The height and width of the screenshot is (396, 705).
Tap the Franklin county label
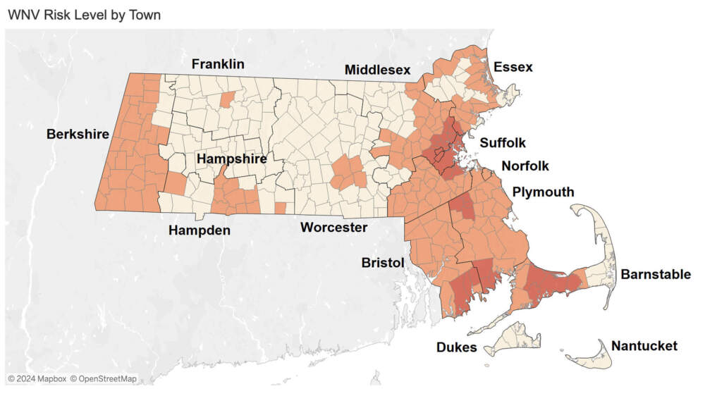pyautogui.click(x=219, y=64)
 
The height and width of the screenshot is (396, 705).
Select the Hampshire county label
pyautogui.click(x=232, y=159)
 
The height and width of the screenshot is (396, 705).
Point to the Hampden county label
pyautogui.click(x=200, y=230)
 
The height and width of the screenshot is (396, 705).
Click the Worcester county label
pyautogui.click(x=333, y=227)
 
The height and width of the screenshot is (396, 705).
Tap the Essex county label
pyautogui.click(x=513, y=68)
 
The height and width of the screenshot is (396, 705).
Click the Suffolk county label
pyautogui.click(x=503, y=143)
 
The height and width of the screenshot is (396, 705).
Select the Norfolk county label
pyautogui.click(x=525, y=166)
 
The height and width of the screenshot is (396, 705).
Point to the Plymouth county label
pyautogui.click(x=543, y=192)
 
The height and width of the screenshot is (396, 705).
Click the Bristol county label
pyautogui.click(x=383, y=262)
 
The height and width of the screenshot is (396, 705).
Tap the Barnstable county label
pyautogui.click(x=656, y=274)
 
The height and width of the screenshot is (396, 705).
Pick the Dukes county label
pyautogui.click(x=457, y=347)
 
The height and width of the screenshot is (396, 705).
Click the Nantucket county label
pyautogui.click(x=644, y=346)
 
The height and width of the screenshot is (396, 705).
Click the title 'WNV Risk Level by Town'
pyautogui.click(x=84, y=15)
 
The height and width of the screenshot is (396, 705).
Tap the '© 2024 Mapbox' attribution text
pyautogui.click(x=37, y=379)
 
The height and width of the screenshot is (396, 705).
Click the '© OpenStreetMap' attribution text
pyautogui.click(x=103, y=379)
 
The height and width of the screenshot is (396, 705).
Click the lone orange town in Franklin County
pyautogui.click(x=226, y=99)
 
